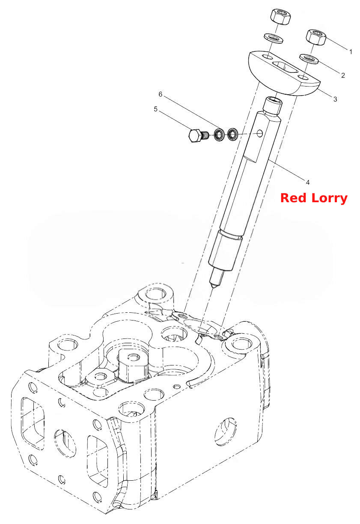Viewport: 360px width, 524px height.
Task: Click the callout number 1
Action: (351, 52)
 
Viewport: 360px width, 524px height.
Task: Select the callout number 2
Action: (343, 75)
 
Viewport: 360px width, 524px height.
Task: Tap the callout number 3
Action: (335, 99)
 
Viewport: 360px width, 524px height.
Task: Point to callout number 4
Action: (308, 182)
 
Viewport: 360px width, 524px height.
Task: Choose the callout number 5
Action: (156, 109)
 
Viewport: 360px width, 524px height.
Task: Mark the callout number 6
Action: (161, 94)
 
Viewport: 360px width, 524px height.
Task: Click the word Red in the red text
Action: (293, 198)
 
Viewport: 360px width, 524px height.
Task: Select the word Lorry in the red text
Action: (330, 199)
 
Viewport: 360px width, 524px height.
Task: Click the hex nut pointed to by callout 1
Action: (316, 37)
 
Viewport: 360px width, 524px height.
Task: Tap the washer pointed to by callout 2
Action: (309, 59)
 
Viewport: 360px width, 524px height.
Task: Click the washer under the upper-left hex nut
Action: (274, 39)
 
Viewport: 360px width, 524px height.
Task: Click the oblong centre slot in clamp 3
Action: (285, 68)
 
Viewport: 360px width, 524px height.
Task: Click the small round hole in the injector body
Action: (260, 134)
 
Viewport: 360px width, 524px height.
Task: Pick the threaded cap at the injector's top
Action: (273, 107)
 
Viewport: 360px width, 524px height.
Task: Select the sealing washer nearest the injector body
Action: (232, 134)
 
